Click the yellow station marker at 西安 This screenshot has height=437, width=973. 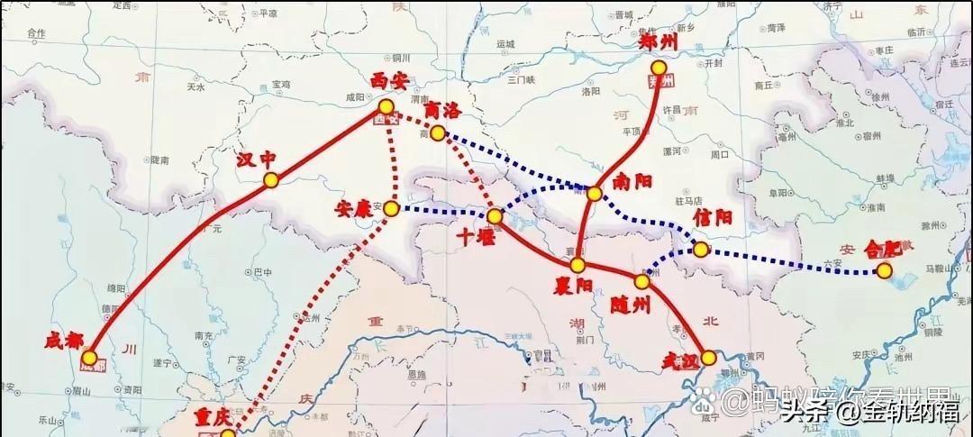coord(386,107)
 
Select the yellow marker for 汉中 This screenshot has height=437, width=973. coord(271,180)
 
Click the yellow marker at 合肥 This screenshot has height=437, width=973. coord(885,270)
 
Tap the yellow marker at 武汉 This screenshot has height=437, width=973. coord(709,358)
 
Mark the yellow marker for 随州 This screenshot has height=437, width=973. coord(641,282)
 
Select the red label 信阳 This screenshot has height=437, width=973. coord(712,218)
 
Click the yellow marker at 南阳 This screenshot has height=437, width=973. coord(595,194)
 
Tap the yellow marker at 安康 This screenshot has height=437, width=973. coord(391,209)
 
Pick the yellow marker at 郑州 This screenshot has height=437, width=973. coord(659,68)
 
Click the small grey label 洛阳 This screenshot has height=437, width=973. coord(590,91)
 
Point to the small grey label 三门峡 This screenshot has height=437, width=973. coord(522,79)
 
